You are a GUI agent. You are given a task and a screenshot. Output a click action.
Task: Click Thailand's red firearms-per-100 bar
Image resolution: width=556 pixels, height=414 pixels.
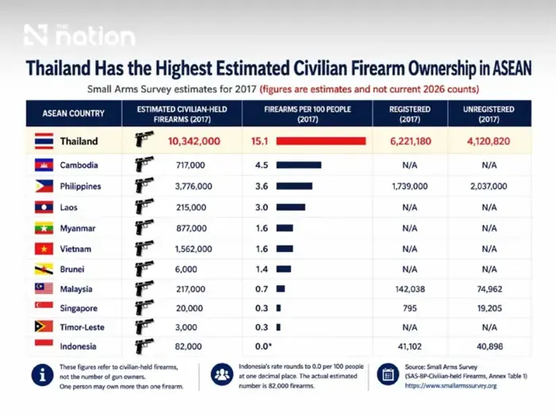(321, 141)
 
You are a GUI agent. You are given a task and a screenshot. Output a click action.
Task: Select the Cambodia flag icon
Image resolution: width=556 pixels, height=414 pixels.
(44, 165)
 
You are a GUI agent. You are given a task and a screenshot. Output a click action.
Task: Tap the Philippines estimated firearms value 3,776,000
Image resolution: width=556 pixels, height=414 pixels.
(194, 186)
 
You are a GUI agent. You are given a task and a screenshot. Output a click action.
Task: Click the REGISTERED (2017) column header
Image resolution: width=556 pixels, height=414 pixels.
(410, 114)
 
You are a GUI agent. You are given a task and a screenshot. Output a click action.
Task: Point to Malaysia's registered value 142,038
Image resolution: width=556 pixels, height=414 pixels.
(410, 289)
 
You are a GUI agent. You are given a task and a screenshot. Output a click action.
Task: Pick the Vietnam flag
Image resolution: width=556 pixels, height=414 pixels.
(44, 249)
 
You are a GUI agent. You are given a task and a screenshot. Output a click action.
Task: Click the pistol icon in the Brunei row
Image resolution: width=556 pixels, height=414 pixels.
(144, 269)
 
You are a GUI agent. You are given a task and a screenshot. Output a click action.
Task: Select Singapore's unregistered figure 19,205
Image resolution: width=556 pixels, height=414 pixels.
(489, 308)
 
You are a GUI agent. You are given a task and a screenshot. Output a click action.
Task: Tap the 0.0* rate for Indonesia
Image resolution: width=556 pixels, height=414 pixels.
(263, 346)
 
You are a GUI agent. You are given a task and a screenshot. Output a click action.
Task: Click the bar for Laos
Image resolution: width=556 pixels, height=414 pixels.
(291, 207)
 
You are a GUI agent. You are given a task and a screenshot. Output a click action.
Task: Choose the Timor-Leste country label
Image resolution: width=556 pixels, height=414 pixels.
(82, 327)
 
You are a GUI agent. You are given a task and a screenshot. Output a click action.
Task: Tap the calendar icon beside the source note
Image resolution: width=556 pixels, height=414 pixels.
(388, 374)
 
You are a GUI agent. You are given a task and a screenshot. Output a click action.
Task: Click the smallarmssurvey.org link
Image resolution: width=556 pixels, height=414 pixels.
(450, 385)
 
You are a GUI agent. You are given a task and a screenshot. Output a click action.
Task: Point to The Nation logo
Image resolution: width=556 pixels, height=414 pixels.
(79, 35)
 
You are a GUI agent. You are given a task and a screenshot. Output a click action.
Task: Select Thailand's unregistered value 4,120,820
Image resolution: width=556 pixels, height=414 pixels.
(488, 141)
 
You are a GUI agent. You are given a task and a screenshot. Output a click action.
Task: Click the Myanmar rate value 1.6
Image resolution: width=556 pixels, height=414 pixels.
(261, 228)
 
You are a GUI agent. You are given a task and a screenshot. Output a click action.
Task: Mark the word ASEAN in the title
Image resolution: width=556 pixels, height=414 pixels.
(512, 68)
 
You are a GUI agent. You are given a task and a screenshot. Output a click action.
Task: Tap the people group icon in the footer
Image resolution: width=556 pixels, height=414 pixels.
(222, 374)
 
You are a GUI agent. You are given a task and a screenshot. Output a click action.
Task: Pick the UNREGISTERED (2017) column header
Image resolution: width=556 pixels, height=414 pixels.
(488, 114)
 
